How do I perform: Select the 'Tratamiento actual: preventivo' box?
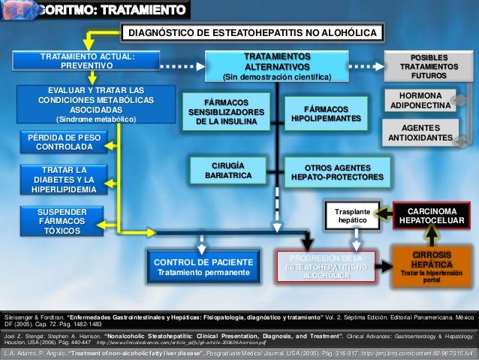[x=87, y=62]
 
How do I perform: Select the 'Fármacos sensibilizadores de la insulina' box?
[x=227, y=110]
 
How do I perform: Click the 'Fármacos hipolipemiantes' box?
[x=326, y=113]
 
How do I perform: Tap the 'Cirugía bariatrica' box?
[x=227, y=170]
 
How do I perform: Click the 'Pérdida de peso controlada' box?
[x=65, y=142]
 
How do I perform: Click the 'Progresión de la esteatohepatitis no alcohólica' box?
[x=326, y=267]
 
